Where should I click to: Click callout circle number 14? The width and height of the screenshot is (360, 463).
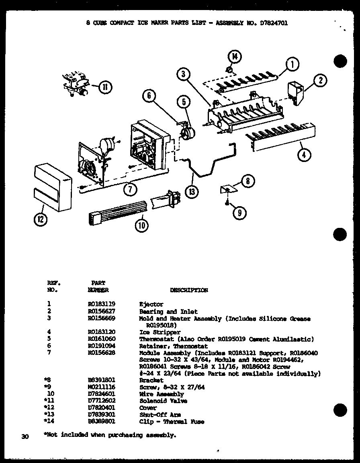tap(235, 57)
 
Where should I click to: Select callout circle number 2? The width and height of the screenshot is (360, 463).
tap(320, 81)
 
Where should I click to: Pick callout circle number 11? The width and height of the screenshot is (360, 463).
tap(106, 87)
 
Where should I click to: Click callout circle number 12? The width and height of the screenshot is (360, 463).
tap(41, 219)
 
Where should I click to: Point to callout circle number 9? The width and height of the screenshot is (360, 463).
tap(239, 213)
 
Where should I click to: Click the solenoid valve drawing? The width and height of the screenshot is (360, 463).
tap(77, 84)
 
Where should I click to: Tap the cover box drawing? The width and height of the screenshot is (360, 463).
tap(53, 187)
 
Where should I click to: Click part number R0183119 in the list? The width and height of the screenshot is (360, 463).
tap(102, 305)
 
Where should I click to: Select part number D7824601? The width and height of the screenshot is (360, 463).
tap(102, 394)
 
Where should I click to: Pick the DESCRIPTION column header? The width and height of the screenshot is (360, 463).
tap(189, 290)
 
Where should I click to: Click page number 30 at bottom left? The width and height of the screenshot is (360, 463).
tap(25, 436)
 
